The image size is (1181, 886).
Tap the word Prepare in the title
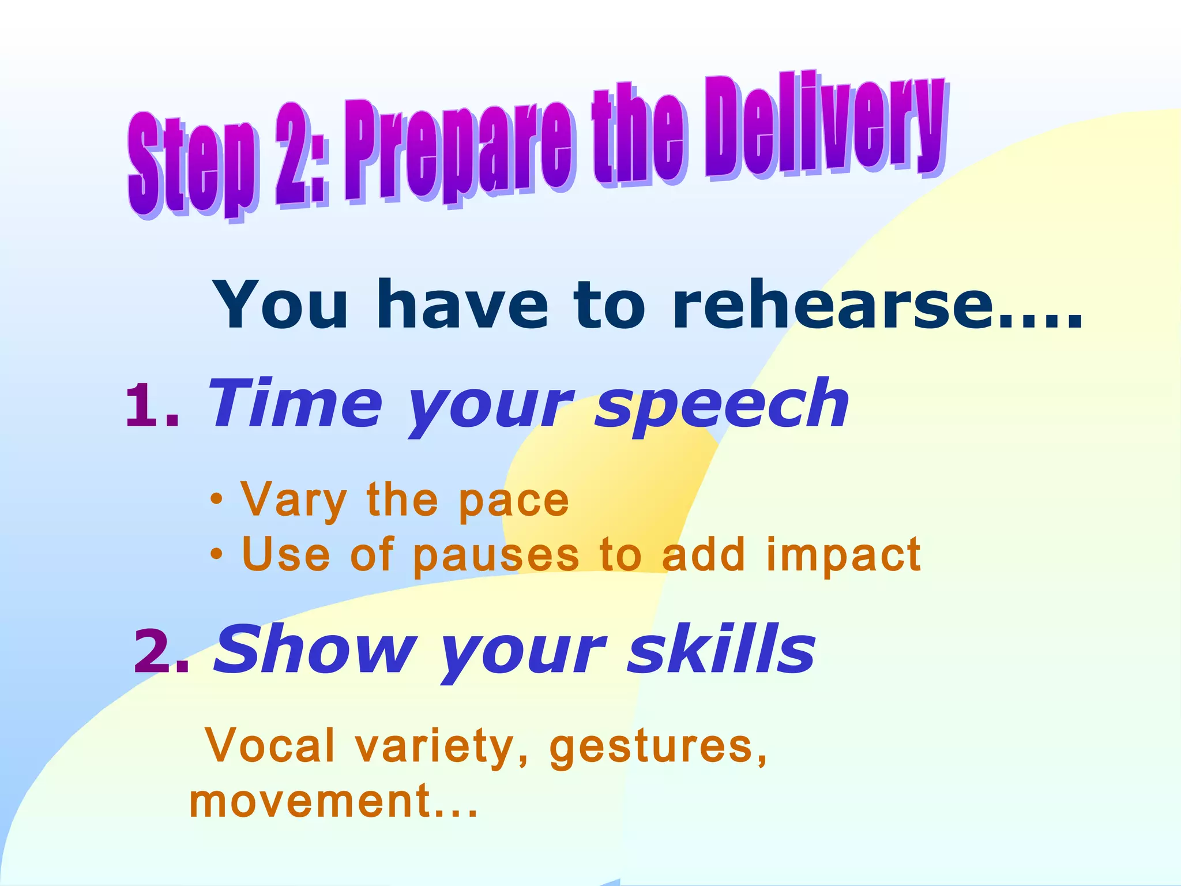(x=458, y=153)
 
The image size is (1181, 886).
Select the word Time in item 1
(x=294, y=404)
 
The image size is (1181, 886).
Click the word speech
(x=721, y=407)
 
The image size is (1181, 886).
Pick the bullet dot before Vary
(x=216, y=500)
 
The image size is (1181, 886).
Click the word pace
(x=513, y=501)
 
